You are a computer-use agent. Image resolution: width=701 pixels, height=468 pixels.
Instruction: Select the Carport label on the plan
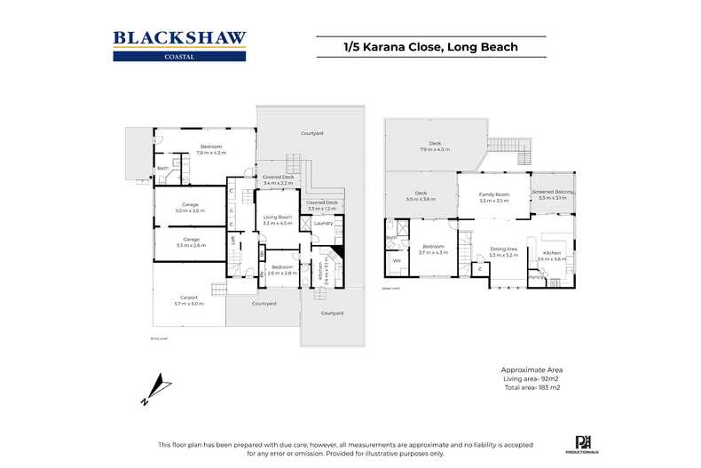[x=188, y=297]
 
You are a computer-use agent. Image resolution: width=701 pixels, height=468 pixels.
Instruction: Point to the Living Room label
[x=278, y=217]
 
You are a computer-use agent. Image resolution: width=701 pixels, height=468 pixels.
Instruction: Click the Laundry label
[x=323, y=223]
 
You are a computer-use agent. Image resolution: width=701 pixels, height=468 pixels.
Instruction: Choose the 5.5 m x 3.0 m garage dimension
[x=190, y=210]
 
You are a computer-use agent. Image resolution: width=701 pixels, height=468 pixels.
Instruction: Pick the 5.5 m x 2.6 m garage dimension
[x=190, y=244]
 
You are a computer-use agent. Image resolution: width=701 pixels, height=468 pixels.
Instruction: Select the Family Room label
[x=494, y=194]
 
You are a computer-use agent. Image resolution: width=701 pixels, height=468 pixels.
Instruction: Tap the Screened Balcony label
[x=553, y=192]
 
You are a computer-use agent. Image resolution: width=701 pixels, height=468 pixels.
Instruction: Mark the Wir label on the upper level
[x=397, y=260]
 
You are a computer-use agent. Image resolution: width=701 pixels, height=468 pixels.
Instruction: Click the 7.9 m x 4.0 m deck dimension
[x=435, y=149]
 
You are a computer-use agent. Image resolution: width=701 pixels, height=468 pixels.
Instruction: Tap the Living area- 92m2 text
[x=532, y=378]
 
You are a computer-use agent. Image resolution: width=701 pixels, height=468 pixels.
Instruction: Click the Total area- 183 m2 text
[x=532, y=388]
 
